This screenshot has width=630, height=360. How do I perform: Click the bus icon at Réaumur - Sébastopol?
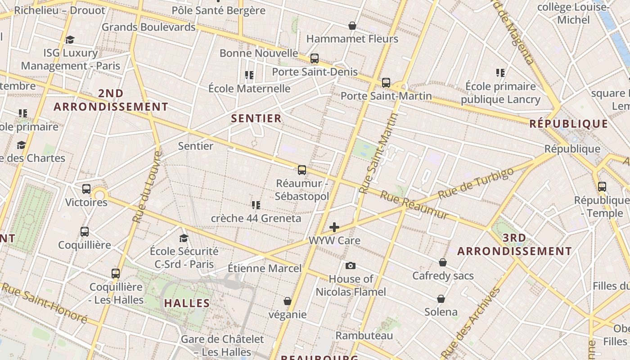pyautogui.click(x=302, y=170)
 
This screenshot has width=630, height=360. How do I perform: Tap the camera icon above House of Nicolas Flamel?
pyautogui.click(x=351, y=266)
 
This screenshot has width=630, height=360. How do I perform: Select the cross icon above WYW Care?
pyautogui.click(x=334, y=227)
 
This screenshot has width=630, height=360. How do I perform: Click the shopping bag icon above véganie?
pyautogui.click(x=288, y=301)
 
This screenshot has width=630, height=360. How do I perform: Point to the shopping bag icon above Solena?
pyautogui.click(x=441, y=299)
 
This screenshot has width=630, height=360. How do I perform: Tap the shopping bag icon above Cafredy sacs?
pyautogui.click(x=443, y=262)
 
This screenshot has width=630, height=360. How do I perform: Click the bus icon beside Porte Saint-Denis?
pyautogui.click(x=315, y=58)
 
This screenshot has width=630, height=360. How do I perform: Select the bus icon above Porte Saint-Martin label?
pyautogui.click(x=386, y=83)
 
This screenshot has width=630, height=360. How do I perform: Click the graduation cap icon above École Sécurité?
pyautogui.click(x=184, y=238)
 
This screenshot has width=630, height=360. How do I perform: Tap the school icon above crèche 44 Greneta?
pyautogui.click(x=256, y=205)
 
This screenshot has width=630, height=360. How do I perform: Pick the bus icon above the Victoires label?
pyautogui.click(x=86, y=189)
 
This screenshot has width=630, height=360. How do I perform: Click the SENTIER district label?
pyautogui.click(x=256, y=118)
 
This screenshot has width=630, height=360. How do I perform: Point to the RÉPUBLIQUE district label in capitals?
pyautogui.click(x=569, y=124)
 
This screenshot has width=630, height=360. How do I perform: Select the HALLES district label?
pyautogui.click(x=187, y=303)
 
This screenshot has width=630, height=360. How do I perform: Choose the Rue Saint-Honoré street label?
pyautogui.click(x=44, y=302)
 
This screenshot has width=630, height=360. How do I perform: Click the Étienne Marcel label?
pyautogui.click(x=265, y=269)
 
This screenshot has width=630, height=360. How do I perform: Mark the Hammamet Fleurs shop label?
pyautogui.click(x=352, y=39)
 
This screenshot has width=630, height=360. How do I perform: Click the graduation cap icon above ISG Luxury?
pyautogui.click(x=70, y=40)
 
